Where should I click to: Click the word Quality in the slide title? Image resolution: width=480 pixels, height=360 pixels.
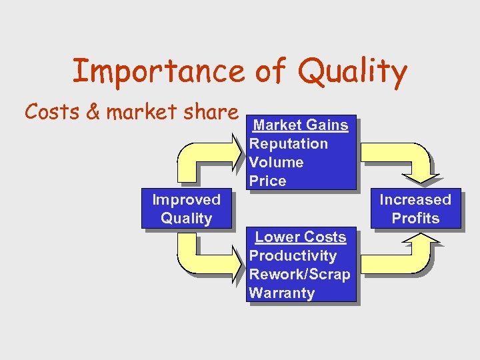click(353, 72)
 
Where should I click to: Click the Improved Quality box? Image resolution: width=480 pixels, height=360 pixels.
click(186, 209)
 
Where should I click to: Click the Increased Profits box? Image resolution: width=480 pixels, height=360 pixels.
click(415, 209)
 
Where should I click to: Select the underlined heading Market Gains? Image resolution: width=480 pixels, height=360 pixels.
click(301, 125)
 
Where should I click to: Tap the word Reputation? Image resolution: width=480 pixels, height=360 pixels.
click(288, 143)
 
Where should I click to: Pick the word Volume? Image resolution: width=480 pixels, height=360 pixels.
click(276, 162)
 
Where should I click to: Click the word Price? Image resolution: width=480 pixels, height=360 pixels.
click(267, 181)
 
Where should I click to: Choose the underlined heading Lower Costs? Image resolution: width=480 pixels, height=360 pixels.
click(301, 237)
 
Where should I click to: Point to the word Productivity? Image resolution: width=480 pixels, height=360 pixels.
click(293, 255)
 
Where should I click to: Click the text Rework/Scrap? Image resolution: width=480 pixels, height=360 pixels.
click(299, 274)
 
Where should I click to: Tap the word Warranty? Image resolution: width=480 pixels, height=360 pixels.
click(281, 293)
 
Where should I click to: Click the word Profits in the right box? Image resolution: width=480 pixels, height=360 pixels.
click(415, 218)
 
